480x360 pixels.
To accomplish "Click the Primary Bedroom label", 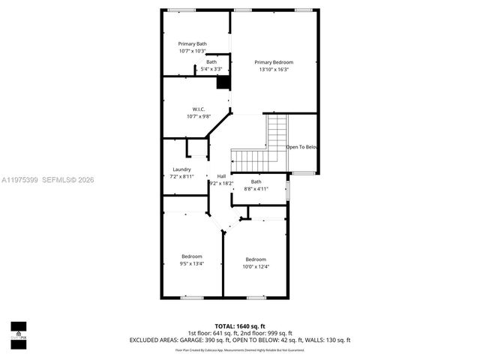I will coord(274,62).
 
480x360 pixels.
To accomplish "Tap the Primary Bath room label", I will coord(192,44).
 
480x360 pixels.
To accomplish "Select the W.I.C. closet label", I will coord(199,109).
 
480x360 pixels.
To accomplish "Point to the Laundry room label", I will coord(181,169).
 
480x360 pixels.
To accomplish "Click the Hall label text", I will coord(221,176).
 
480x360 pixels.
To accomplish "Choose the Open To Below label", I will coord(301,147).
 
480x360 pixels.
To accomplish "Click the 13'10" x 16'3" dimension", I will coord(274,70).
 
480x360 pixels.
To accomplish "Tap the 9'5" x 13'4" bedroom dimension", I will coord(192,264).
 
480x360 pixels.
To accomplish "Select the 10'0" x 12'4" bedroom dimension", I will coord(255,267).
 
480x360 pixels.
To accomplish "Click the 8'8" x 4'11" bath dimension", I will coord(256,189).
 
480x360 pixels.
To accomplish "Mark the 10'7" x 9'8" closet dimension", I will coord(199,116).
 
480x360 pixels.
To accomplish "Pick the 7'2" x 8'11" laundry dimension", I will coord(181,176).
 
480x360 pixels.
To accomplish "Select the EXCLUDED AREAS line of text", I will coord(239,340).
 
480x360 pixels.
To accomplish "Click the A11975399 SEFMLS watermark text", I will coord(48,180).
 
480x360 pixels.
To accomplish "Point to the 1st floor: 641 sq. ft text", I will coord(210,333).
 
